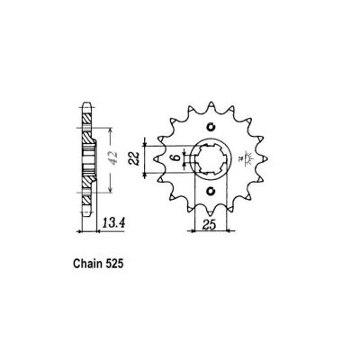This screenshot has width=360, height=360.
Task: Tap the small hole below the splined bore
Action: point(211,191)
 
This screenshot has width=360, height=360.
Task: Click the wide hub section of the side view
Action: point(87,159)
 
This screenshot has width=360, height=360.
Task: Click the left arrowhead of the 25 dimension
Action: point(194,229)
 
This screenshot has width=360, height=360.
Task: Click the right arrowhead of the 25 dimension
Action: point(230,229)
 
